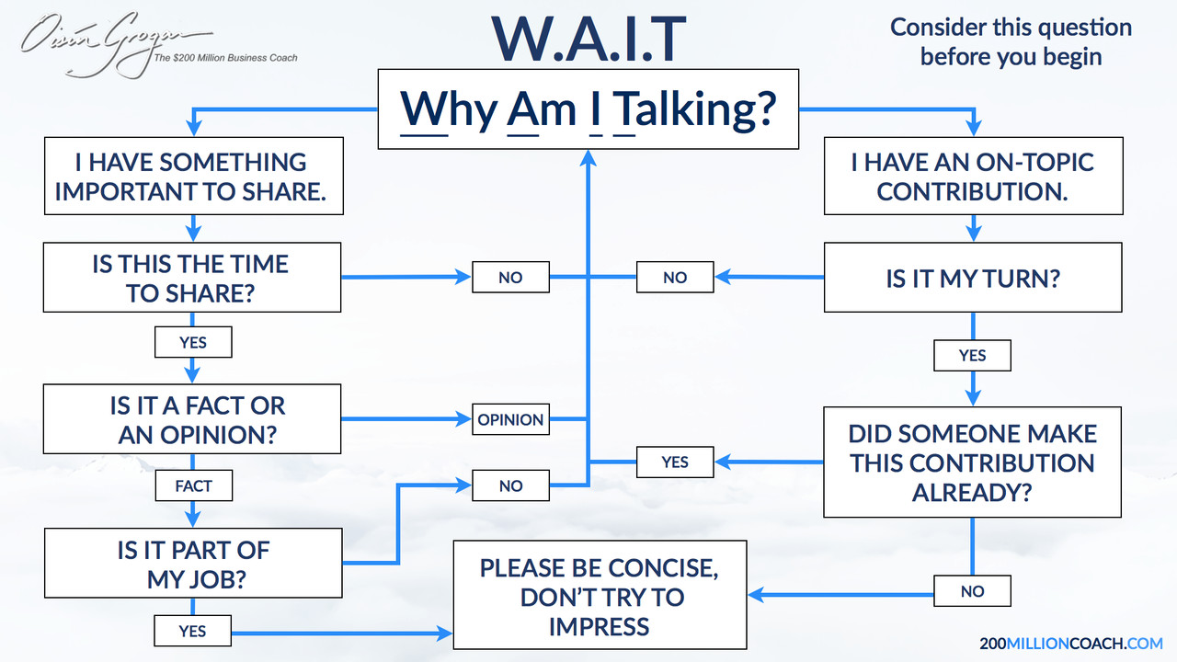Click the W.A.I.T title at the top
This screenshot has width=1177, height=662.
click(588, 38)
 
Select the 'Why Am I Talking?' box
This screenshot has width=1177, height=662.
click(588, 110)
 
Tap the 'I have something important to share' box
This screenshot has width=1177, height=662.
click(192, 177)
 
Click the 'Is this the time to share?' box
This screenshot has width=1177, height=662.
click(192, 278)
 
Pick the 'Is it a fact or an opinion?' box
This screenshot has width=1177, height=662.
click(192, 419)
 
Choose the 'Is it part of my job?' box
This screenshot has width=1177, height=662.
click(192, 564)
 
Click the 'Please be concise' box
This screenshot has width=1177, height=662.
click(600, 596)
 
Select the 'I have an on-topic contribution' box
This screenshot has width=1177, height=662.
click(972, 177)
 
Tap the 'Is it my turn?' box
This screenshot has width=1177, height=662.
click(972, 278)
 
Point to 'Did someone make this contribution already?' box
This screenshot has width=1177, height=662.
click(972, 462)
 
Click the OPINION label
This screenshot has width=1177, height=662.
click(510, 419)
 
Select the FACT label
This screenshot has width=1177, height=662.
click(193, 485)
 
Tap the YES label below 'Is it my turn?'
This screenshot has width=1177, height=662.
click(972, 355)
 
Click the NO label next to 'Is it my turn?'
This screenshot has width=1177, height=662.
click(675, 277)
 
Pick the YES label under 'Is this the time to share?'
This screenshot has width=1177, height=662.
click(193, 342)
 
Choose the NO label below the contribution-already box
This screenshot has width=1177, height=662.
click(972, 591)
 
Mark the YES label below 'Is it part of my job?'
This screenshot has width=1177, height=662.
click(193, 631)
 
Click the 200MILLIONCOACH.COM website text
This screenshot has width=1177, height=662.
click(1071, 643)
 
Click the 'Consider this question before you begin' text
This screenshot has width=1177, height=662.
click(1011, 41)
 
